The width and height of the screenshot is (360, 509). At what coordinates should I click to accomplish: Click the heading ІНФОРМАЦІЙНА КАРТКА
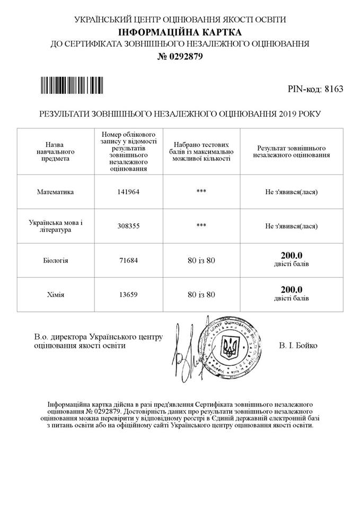coord(180,32)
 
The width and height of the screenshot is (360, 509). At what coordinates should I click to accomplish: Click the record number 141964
coord(128,192)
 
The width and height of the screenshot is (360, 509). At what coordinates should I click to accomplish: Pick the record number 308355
coord(128,225)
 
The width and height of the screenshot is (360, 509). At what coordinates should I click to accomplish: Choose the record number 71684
coord(128,260)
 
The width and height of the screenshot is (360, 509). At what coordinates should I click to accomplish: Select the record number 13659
coord(128,294)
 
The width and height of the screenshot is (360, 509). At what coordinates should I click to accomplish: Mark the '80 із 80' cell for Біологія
coord(201,260)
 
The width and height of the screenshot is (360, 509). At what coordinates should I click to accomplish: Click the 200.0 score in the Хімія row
coord(291,289)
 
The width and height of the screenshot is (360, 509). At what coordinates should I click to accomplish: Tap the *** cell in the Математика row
coord(201,192)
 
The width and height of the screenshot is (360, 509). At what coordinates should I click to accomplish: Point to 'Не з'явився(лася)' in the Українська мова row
coord(292,226)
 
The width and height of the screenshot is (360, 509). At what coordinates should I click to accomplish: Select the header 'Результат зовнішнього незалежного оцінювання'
coord(292,152)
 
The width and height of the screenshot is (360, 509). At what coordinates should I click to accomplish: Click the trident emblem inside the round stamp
coord(230,348)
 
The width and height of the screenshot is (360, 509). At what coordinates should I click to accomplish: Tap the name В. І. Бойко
coord(298,346)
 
